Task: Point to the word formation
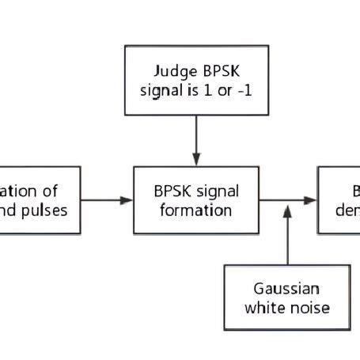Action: point(197,210)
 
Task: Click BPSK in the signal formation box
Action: point(175,192)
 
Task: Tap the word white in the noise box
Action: point(269,307)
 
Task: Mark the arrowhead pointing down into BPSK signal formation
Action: point(197,158)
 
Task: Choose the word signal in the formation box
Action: point(218,192)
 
